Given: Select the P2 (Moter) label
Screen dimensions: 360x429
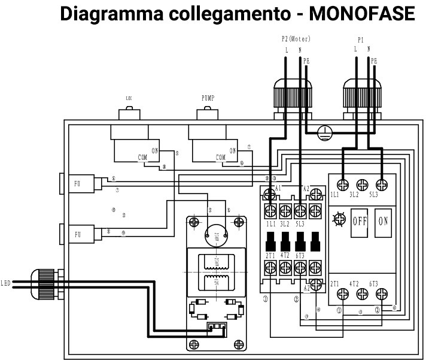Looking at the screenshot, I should (x=296, y=39).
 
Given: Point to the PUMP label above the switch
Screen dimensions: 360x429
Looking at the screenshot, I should (x=208, y=98).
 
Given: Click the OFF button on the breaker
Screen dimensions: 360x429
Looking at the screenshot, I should (x=359, y=220).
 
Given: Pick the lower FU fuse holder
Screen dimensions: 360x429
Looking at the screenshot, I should (x=77, y=233).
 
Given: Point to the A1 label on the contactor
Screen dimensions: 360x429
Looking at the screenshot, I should (x=278, y=188).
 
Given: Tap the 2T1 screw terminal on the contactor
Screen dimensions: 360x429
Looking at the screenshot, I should (x=270, y=270).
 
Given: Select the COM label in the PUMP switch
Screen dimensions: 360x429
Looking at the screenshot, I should (x=221, y=158).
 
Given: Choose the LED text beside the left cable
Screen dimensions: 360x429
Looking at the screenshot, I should (x=6, y=283).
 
